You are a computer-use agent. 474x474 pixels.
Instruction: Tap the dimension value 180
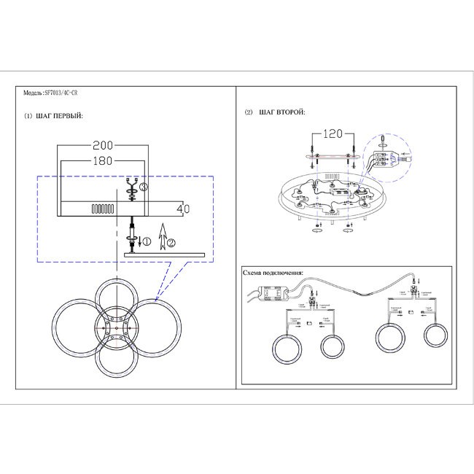coord(104,161)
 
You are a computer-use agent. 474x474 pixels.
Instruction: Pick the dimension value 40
coord(184,209)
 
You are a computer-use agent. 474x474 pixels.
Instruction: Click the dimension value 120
coord(333,134)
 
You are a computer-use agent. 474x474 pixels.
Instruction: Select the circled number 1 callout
coord(144,241)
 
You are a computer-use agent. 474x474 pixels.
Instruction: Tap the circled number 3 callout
coord(144,188)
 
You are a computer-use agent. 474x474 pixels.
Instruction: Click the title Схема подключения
coord(273,273)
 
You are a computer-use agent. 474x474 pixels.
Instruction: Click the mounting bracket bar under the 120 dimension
coord(333,156)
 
